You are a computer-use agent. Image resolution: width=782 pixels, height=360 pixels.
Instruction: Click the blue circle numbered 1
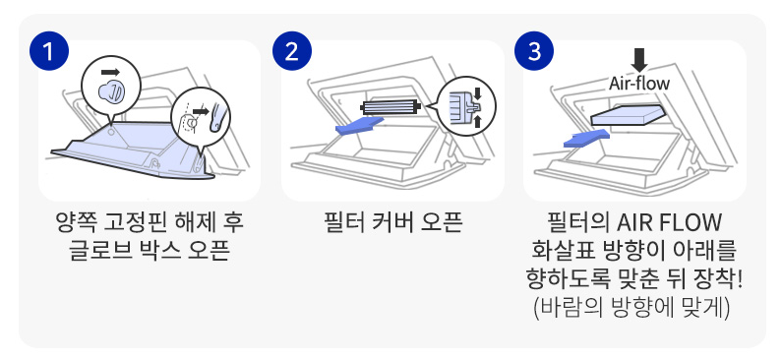click(x=49, y=51)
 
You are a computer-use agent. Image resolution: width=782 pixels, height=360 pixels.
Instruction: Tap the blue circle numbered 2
click(x=292, y=51)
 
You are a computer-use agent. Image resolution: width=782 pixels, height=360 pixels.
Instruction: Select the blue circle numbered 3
click(x=534, y=51)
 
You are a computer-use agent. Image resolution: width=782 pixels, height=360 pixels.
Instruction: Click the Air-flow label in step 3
click(x=638, y=84)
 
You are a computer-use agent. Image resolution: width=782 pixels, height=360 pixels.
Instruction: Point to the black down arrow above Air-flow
click(x=639, y=61)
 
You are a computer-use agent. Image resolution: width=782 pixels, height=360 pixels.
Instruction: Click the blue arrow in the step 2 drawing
click(x=360, y=126)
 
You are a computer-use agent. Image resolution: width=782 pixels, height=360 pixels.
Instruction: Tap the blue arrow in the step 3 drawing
click(x=587, y=138)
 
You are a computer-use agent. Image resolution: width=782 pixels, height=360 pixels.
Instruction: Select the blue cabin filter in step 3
click(x=629, y=115)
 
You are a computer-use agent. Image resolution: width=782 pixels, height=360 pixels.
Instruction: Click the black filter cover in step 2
click(x=391, y=106)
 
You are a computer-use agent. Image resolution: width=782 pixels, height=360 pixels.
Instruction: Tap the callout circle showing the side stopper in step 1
click(x=201, y=118)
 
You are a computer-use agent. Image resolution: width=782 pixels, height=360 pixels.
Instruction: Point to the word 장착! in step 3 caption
click(x=721, y=279)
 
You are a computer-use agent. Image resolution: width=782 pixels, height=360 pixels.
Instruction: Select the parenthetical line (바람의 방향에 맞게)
click(x=632, y=308)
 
